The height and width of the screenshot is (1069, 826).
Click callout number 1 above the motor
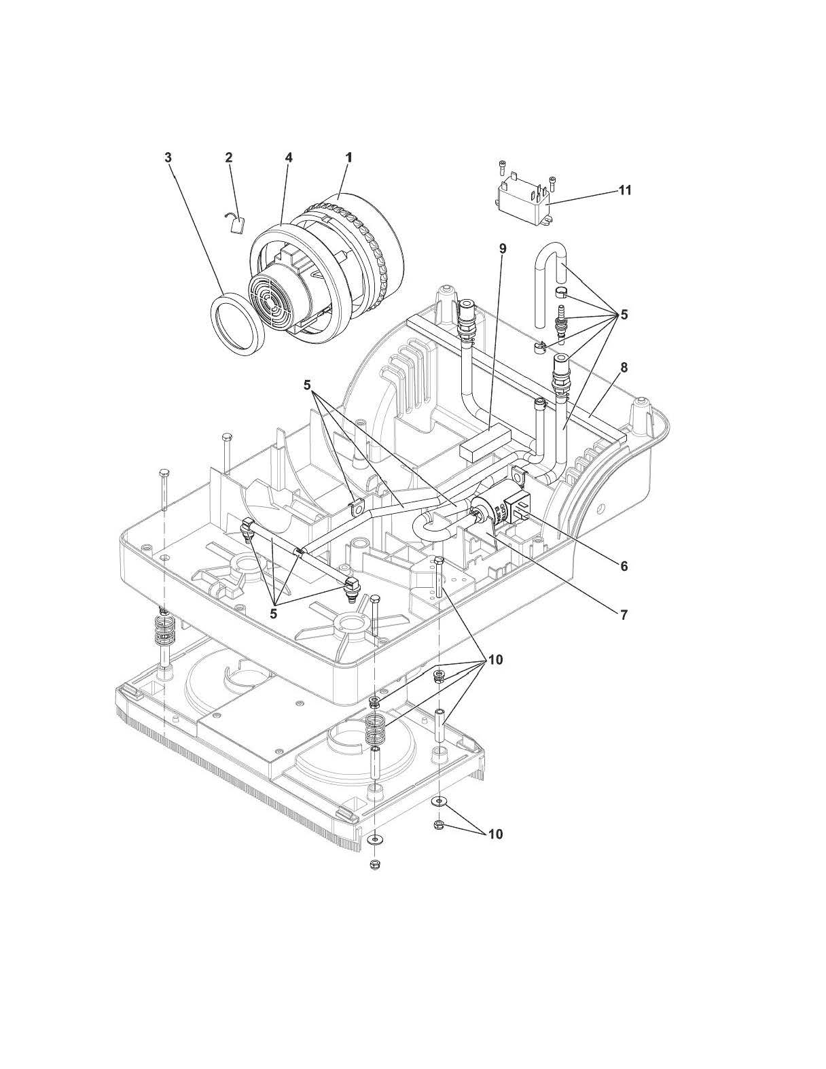(x=348, y=157)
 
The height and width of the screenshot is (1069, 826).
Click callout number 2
(x=229, y=157)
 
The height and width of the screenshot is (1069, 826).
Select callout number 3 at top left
(x=168, y=157)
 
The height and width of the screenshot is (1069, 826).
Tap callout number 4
(x=289, y=157)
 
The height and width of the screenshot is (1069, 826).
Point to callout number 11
(x=624, y=190)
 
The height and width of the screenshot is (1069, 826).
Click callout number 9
(x=503, y=249)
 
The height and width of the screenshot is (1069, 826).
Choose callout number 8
(x=624, y=368)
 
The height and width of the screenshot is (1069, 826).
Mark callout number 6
(x=624, y=565)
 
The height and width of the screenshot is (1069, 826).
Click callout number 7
(x=624, y=614)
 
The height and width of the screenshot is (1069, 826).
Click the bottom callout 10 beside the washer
(x=495, y=834)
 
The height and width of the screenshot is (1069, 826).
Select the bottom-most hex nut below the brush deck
(x=374, y=864)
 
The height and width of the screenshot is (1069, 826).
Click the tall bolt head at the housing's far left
(x=163, y=472)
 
